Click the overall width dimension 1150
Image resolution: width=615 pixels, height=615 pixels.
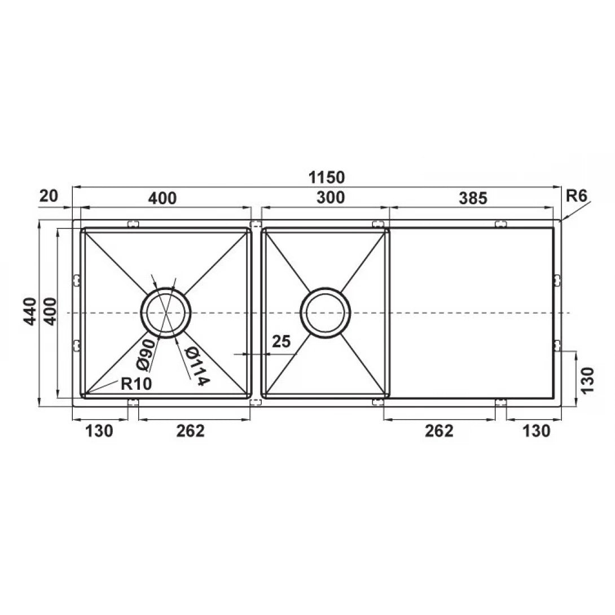pyautogui.click(x=327, y=177)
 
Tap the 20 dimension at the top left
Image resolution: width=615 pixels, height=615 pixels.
pyautogui.click(x=50, y=196)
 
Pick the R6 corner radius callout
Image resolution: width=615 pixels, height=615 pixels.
pyautogui.click(x=577, y=196)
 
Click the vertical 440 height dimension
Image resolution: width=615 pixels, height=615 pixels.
pyautogui.click(x=31, y=311)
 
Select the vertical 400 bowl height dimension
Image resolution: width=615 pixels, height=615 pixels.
pyautogui.click(x=51, y=311)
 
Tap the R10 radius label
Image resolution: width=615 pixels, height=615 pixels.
pyautogui.click(x=135, y=385)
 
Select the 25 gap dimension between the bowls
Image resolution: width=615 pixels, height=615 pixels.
pyautogui.click(x=282, y=341)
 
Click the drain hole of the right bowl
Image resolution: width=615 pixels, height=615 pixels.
pyautogui.click(x=325, y=313)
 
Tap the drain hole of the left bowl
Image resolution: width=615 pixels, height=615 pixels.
pyautogui.click(x=165, y=313)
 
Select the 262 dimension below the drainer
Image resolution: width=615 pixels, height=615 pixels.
pyautogui.click(x=438, y=431)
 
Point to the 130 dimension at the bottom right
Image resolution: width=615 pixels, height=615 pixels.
pyautogui.click(x=535, y=431)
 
